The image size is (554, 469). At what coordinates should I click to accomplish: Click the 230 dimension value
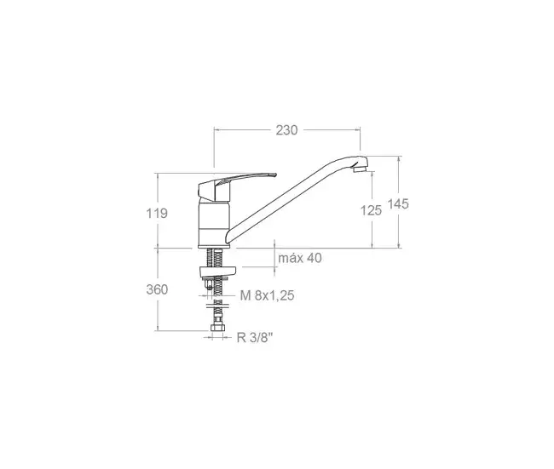click(286, 130)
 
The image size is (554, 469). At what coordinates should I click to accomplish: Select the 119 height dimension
click(157, 213)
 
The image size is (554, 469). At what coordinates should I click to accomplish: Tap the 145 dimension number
click(398, 204)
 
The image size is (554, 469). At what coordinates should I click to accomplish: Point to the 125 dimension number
click(371, 210)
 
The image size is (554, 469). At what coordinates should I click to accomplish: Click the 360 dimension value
click(157, 289)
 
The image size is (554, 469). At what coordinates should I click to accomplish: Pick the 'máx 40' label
click(300, 258)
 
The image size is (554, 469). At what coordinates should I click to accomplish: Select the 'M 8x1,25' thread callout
click(267, 295)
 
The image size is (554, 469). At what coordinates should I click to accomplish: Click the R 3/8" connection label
click(255, 338)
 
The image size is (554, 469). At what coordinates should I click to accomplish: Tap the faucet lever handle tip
click(274, 174)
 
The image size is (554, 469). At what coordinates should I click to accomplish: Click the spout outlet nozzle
click(359, 169)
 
